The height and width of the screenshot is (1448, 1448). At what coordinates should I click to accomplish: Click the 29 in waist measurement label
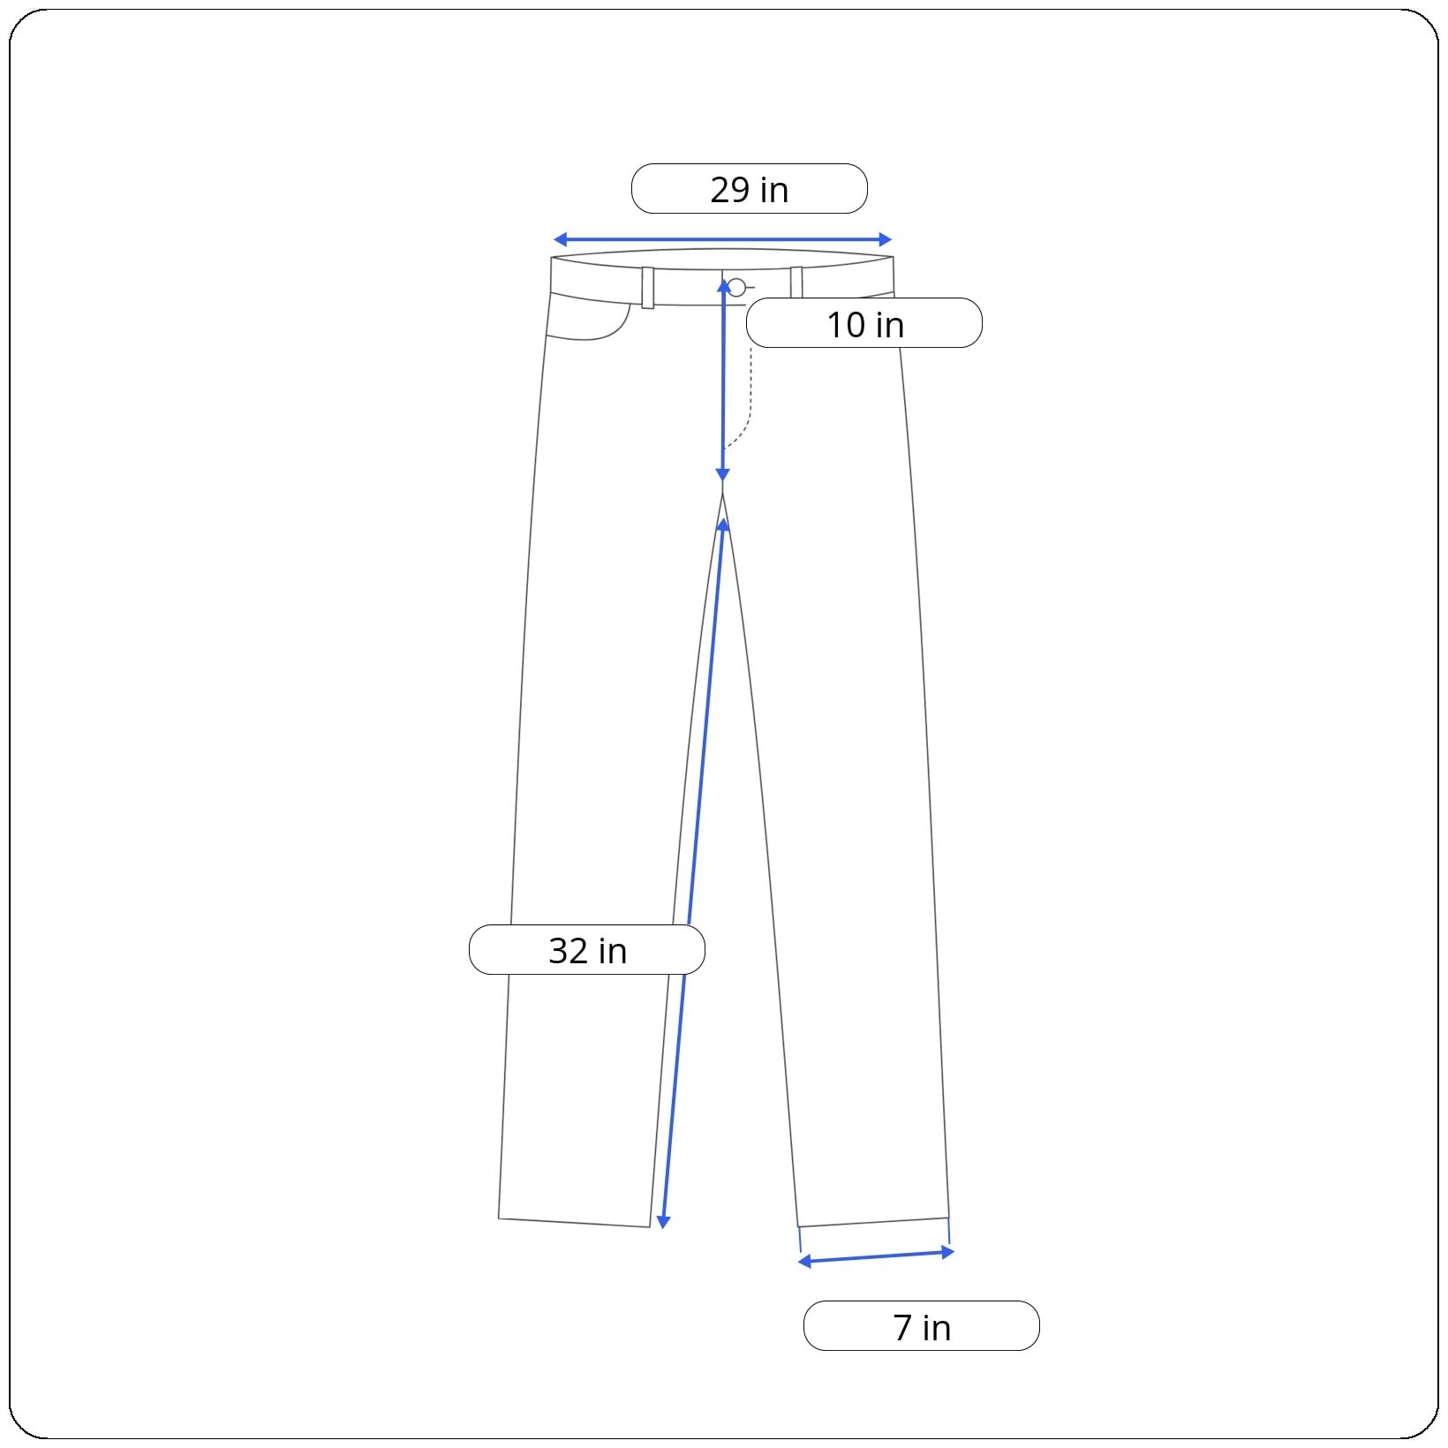click(750, 189)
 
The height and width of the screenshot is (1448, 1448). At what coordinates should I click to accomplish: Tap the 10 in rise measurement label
click(864, 323)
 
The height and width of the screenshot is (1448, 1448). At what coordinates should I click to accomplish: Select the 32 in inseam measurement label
click(587, 950)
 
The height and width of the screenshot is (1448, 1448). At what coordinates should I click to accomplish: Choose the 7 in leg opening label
click(922, 1326)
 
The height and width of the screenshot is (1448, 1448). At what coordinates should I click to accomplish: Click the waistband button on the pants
click(736, 287)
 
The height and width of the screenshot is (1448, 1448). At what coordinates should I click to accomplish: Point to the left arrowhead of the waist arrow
click(560, 239)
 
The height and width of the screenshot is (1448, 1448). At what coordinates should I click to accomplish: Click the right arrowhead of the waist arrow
click(886, 239)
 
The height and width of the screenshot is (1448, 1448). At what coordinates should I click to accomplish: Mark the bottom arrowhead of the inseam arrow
click(663, 1222)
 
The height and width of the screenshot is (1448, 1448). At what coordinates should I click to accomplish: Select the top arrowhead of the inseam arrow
click(723, 525)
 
